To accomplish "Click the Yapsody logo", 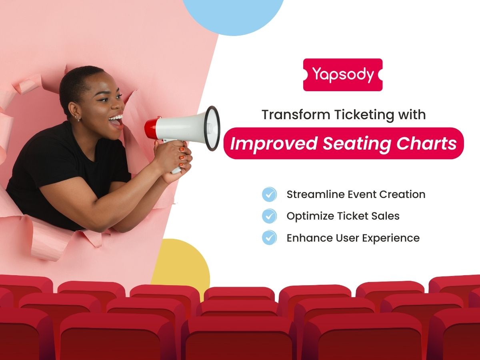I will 343,75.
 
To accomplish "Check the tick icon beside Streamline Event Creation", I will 269,195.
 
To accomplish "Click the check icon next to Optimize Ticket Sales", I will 269,216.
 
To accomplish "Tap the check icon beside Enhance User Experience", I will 269,238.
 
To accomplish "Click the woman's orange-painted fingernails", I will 182,157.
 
